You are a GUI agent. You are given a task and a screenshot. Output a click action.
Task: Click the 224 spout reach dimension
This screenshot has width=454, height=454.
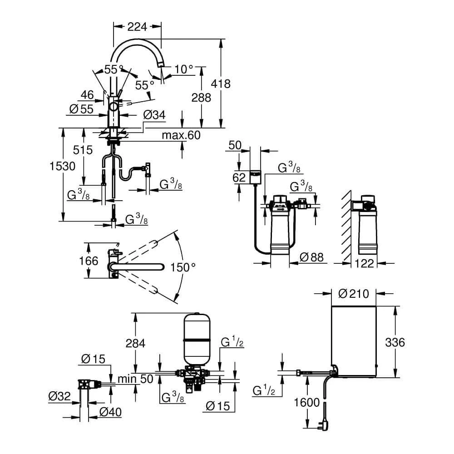(137, 27)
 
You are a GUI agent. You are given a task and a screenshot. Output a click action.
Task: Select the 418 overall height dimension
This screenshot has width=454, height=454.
(221, 84)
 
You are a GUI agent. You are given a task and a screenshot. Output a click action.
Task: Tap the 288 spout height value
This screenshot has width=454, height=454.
(202, 98)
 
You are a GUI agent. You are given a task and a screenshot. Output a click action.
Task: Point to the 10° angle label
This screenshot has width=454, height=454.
(184, 69)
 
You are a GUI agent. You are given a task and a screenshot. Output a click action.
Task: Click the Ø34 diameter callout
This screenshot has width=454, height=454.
(154, 115)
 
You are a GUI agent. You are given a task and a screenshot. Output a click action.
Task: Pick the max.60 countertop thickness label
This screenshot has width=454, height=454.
(181, 135)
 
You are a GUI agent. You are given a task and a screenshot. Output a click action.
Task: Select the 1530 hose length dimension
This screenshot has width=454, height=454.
(62, 166)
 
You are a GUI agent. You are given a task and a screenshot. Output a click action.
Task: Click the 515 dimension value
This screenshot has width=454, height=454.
(83, 150)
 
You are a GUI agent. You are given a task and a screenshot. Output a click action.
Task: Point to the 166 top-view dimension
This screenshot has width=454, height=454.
(89, 261)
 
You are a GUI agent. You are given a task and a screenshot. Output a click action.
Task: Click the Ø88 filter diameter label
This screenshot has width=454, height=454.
(312, 258)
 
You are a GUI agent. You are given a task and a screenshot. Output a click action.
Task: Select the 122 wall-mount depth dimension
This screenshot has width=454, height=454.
(364, 262)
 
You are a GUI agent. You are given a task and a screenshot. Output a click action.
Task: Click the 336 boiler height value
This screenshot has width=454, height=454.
(395, 342)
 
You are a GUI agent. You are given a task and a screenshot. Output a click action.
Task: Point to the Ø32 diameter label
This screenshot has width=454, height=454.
(59, 397)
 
